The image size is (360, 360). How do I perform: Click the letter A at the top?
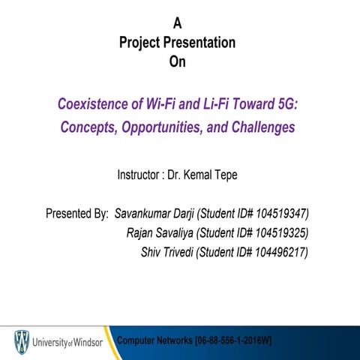pyautogui.click(x=178, y=23)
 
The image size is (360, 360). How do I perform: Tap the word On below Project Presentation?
pyautogui.click(x=177, y=62)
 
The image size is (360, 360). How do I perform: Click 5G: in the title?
pyautogui.click(x=286, y=103)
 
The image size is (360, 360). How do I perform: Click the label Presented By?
pyautogui.click(x=77, y=213)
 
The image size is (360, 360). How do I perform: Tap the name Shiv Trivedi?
pyautogui.click(x=166, y=252)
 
